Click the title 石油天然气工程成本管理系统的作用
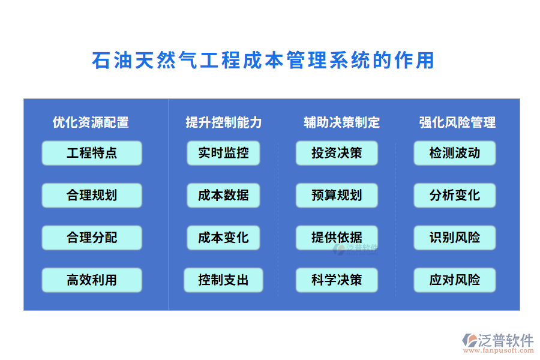(263, 61)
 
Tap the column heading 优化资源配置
(91, 122)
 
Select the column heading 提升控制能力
(224, 122)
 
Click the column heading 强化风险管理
(457, 122)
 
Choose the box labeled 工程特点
(92, 153)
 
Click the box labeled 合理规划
(92, 195)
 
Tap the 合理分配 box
(92, 238)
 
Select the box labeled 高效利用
(92, 280)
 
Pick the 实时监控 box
(223, 153)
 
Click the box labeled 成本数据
(223, 195)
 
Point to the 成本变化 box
(223, 238)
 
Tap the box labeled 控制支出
(223, 280)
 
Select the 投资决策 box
(337, 153)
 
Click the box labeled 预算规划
(337, 195)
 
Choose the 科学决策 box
(337, 280)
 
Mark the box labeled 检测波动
(455, 153)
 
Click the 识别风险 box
(455, 238)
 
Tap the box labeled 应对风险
(455, 280)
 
